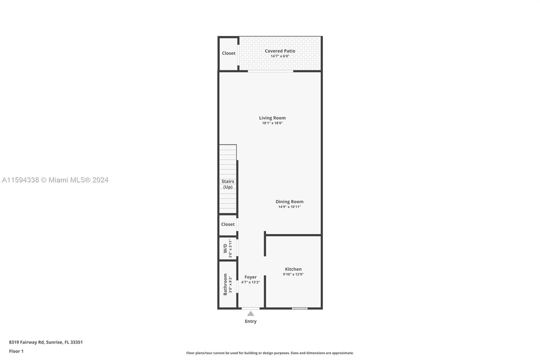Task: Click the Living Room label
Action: [x=272, y=118]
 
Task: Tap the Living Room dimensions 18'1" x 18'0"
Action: [x=272, y=123]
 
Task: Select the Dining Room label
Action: [x=289, y=202]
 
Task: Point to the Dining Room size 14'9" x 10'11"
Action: [x=289, y=207]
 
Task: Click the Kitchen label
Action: [x=293, y=269]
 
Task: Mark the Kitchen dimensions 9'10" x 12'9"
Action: [x=293, y=274]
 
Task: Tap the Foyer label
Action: [x=250, y=277]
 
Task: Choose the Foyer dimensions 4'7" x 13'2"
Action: [x=250, y=282]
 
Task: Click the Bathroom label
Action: [x=225, y=284]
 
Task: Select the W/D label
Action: [x=225, y=248]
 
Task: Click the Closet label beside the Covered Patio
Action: [x=228, y=53]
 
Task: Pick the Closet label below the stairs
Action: [x=228, y=224]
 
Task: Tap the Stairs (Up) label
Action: [x=228, y=184]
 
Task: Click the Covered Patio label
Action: [x=280, y=51]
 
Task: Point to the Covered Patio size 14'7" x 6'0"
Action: [x=280, y=56]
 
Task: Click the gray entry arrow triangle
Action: [x=251, y=314]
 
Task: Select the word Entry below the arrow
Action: [x=251, y=321]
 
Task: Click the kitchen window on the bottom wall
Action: [x=300, y=308]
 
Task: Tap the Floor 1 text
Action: [x=16, y=351]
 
